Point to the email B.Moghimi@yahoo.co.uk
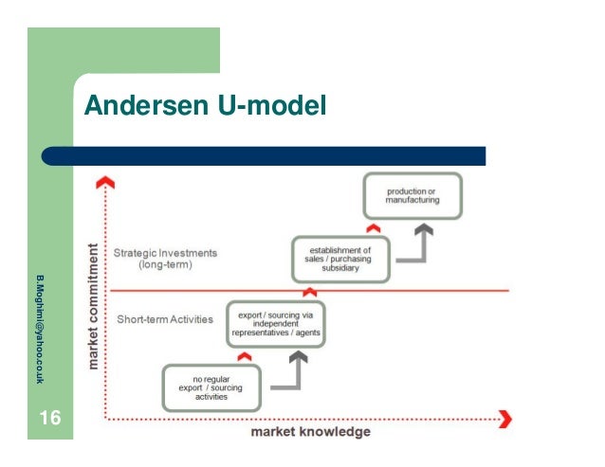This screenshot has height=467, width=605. [40, 328]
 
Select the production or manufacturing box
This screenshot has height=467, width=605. [412, 196]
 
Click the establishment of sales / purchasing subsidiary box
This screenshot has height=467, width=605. [339, 259]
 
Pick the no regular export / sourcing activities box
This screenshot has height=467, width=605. [211, 386]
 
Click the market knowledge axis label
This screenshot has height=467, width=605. [310, 432]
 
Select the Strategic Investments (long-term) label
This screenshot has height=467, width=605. [165, 259]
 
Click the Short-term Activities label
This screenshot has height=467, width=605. [167, 319]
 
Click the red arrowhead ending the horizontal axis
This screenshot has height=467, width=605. [505, 418]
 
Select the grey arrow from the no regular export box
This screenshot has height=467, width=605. [295, 373]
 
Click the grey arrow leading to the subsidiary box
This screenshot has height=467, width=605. [357, 308]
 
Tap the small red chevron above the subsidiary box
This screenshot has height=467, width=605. [372, 226]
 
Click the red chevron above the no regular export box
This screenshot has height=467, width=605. [244, 356]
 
